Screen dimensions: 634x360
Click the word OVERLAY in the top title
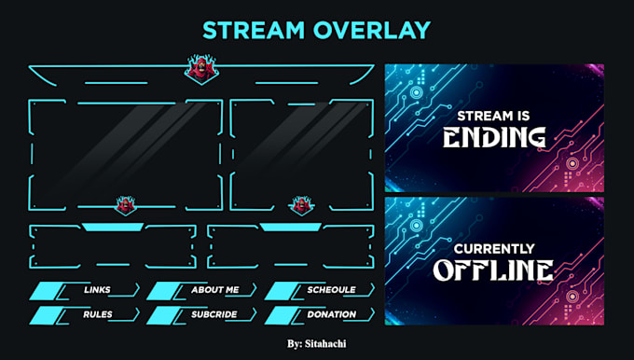click(x=371, y=30)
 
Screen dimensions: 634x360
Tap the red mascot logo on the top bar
click(x=198, y=68)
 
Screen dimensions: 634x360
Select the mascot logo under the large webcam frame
click(x=126, y=204)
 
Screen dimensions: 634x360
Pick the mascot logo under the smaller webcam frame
click(x=300, y=204)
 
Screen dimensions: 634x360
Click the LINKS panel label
click(x=97, y=290)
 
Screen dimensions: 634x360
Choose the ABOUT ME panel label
click(x=214, y=290)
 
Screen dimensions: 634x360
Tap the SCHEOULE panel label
click(x=331, y=290)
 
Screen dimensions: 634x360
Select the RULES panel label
click(x=97, y=314)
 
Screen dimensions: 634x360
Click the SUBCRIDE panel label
click(x=214, y=314)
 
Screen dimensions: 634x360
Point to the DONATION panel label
click(x=331, y=314)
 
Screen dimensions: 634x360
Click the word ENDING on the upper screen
click(x=494, y=139)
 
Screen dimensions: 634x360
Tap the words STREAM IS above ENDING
click(x=494, y=116)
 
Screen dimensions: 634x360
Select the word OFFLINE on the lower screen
click(x=494, y=271)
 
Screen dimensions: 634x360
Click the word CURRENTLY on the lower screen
click(x=494, y=249)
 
